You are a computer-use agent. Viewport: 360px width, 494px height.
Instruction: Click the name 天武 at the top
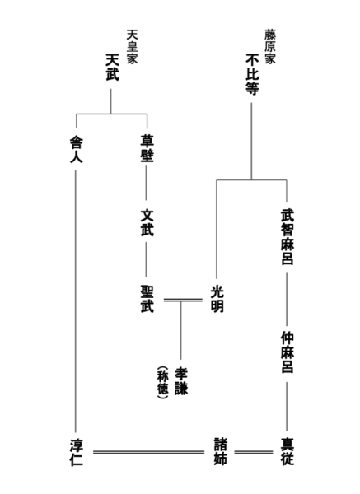click(112, 68)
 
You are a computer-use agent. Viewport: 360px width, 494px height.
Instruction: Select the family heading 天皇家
click(132, 47)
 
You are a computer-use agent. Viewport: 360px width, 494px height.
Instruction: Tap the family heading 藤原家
click(270, 47)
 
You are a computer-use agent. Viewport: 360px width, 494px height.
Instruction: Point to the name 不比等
click(252, 74)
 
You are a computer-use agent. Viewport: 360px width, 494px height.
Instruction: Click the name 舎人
click(77, 150)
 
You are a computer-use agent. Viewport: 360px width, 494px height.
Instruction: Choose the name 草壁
click(147, 149)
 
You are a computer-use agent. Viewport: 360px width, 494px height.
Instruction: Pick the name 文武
click(147, 222)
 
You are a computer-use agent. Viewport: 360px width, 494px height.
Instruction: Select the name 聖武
click(147, 299)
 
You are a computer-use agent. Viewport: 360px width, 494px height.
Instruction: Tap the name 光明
click(217, 299)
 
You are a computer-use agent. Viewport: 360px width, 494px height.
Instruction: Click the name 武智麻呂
click(288, 238)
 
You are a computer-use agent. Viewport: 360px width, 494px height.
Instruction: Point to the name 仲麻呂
click(288, 352)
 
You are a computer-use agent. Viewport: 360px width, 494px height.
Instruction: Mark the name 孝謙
click(181, 380)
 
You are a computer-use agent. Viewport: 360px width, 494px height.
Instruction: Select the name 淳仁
click(77, 452)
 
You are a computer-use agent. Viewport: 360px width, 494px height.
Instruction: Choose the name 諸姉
click(220, 451)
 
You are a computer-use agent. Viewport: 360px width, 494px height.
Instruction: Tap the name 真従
click(288, 451)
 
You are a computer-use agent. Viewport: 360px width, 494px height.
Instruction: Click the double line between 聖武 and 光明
click(183, 300)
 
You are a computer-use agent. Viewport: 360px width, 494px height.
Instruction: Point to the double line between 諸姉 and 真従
click(254, 452)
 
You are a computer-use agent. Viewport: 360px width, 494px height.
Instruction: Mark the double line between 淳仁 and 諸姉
click(149, 452)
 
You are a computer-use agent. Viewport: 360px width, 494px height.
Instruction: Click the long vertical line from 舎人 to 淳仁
click(76, 301)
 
